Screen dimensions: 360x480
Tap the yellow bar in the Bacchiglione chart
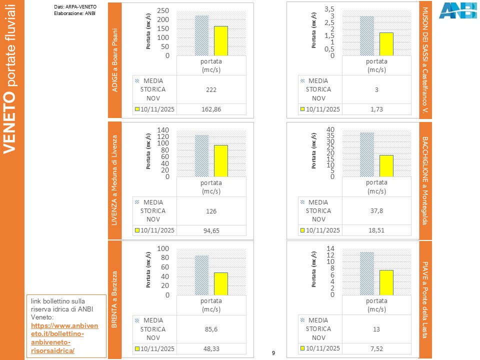pos(386,165)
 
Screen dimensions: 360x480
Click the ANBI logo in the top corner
pos(457,10)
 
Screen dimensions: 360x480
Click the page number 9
pos(273,353)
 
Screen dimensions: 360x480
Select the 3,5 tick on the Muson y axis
pos(329,9)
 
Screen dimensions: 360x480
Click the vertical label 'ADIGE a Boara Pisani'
pos(114,60)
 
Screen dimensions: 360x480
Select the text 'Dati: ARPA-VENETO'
pos(75,6)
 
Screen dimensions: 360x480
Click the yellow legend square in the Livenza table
pos(136,230)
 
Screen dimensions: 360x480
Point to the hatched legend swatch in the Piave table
pos(302,320)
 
